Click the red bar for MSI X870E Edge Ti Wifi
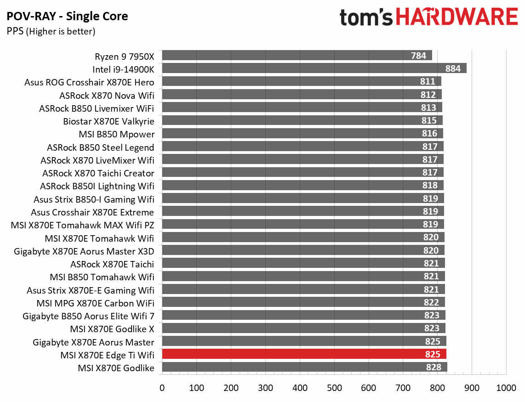(x=303, y=354)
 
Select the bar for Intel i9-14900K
(x=314, y=68)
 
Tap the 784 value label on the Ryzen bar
(x=418, y=56)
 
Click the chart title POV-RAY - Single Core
(x=67, y=17)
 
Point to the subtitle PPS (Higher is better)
(x=51, y=31)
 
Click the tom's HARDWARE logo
(x=428, y=17)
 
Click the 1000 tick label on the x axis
(x=506, y=388)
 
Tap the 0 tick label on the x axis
(x=162, y=388)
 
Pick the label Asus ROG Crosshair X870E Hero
(x=89, y=82)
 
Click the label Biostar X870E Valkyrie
(x=108, y=121)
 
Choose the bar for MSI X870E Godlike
(x=304, y=367)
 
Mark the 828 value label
(x=434, y=367)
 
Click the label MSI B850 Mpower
(x=117, y=134)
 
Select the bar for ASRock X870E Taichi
(x=303, y=264)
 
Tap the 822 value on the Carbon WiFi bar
(x=432, y=303)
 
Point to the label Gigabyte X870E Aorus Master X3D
(x=84, y=251)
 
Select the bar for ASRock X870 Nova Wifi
(x=302, y=95)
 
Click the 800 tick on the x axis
(x=438, y=388)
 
